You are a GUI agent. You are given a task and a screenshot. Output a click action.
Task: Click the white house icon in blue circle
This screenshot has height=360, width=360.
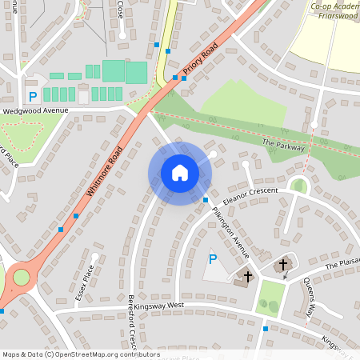coord(180,172)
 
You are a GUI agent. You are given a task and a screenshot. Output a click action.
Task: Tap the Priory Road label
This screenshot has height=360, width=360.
coord(200,61)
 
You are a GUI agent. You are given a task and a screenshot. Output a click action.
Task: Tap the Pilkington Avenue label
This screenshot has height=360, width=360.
coord(230,233)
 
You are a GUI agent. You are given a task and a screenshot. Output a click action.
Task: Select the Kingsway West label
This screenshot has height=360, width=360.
coord(160,305)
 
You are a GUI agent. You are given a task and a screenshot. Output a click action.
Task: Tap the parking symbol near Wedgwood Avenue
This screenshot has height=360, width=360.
coord(33,96)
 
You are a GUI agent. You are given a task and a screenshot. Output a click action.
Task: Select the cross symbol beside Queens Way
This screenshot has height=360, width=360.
coord(283,264)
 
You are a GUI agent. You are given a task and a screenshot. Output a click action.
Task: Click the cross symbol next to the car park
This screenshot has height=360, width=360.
coord(248,277)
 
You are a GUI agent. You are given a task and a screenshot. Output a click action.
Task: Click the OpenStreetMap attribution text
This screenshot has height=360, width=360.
coord(80,354)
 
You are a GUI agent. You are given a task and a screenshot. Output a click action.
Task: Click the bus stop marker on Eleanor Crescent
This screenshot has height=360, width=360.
coord(206,199)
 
